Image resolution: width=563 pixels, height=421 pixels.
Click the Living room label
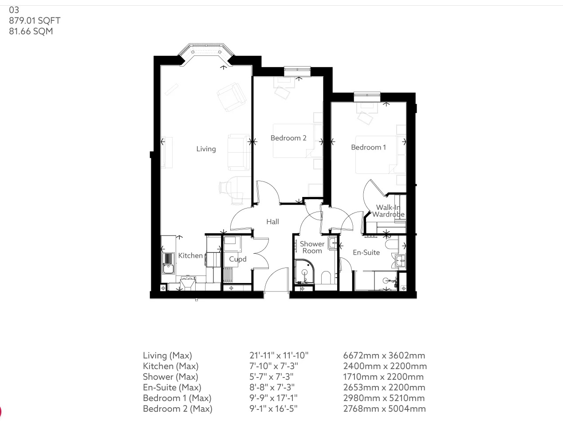[x=206, y=149]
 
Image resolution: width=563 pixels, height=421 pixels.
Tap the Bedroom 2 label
[x=288, y=138]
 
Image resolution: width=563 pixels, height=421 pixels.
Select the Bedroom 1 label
[x=368, y=147]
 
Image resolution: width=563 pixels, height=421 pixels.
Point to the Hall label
[x=272, y=222]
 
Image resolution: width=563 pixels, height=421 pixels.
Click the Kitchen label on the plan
[x=190, y=256]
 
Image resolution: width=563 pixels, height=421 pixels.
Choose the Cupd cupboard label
[x=238, y=259]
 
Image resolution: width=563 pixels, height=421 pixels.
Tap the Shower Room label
[x=312, y=248]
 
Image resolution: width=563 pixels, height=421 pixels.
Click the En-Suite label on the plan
[x=366, y=252]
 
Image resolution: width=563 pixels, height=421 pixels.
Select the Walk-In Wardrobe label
[x=388, y=211]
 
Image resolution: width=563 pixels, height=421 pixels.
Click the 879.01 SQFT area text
[x=35, y=20]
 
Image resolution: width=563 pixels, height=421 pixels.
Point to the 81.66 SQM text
[x=31, y=31]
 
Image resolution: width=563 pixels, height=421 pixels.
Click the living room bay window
[x=206, y=51]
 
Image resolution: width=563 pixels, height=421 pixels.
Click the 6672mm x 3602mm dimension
[x=384, y=355]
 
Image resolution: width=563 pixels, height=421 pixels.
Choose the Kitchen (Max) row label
[x=170, y=366]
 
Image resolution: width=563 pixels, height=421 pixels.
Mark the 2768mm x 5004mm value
[x=384, y=409]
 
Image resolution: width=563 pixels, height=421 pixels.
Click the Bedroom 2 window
[x=297, y=69]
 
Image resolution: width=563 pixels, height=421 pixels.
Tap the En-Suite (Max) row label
[x=172, y=387]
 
